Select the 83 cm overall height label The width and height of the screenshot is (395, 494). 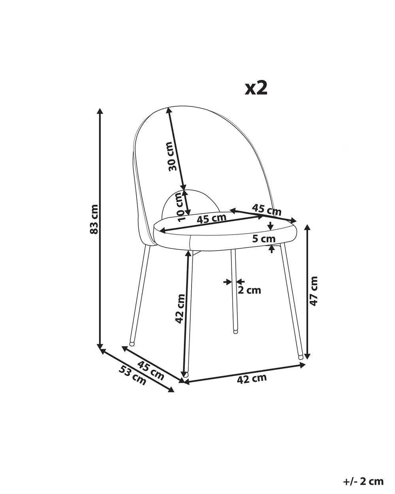click(x=94, y=219)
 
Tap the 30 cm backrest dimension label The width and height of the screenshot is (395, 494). click(x=173, y=156)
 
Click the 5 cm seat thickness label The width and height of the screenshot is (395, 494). click(x=264, y=239)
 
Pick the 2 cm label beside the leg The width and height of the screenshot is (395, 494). click(x=249, y=290)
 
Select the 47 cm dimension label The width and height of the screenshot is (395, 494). click(x=313, y=291)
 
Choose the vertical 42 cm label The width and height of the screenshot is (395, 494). click(x=180, y=309)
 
